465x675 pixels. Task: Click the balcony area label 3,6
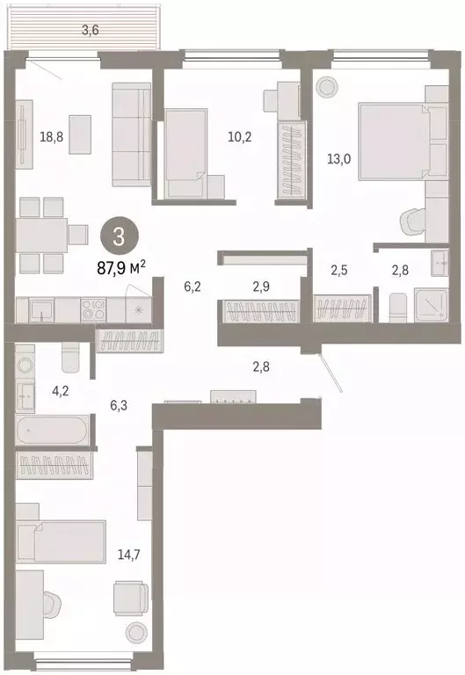pyautogui.click(x=90, y=31)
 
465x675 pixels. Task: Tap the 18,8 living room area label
pyautogui.click(x=52, y=136)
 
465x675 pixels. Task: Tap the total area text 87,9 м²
pyautogui.click(x=120, y=264)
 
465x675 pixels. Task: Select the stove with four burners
pyautogui.click(x=93, y=308)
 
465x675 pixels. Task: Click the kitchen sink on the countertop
pyautogui.click(x=40, y=308)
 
